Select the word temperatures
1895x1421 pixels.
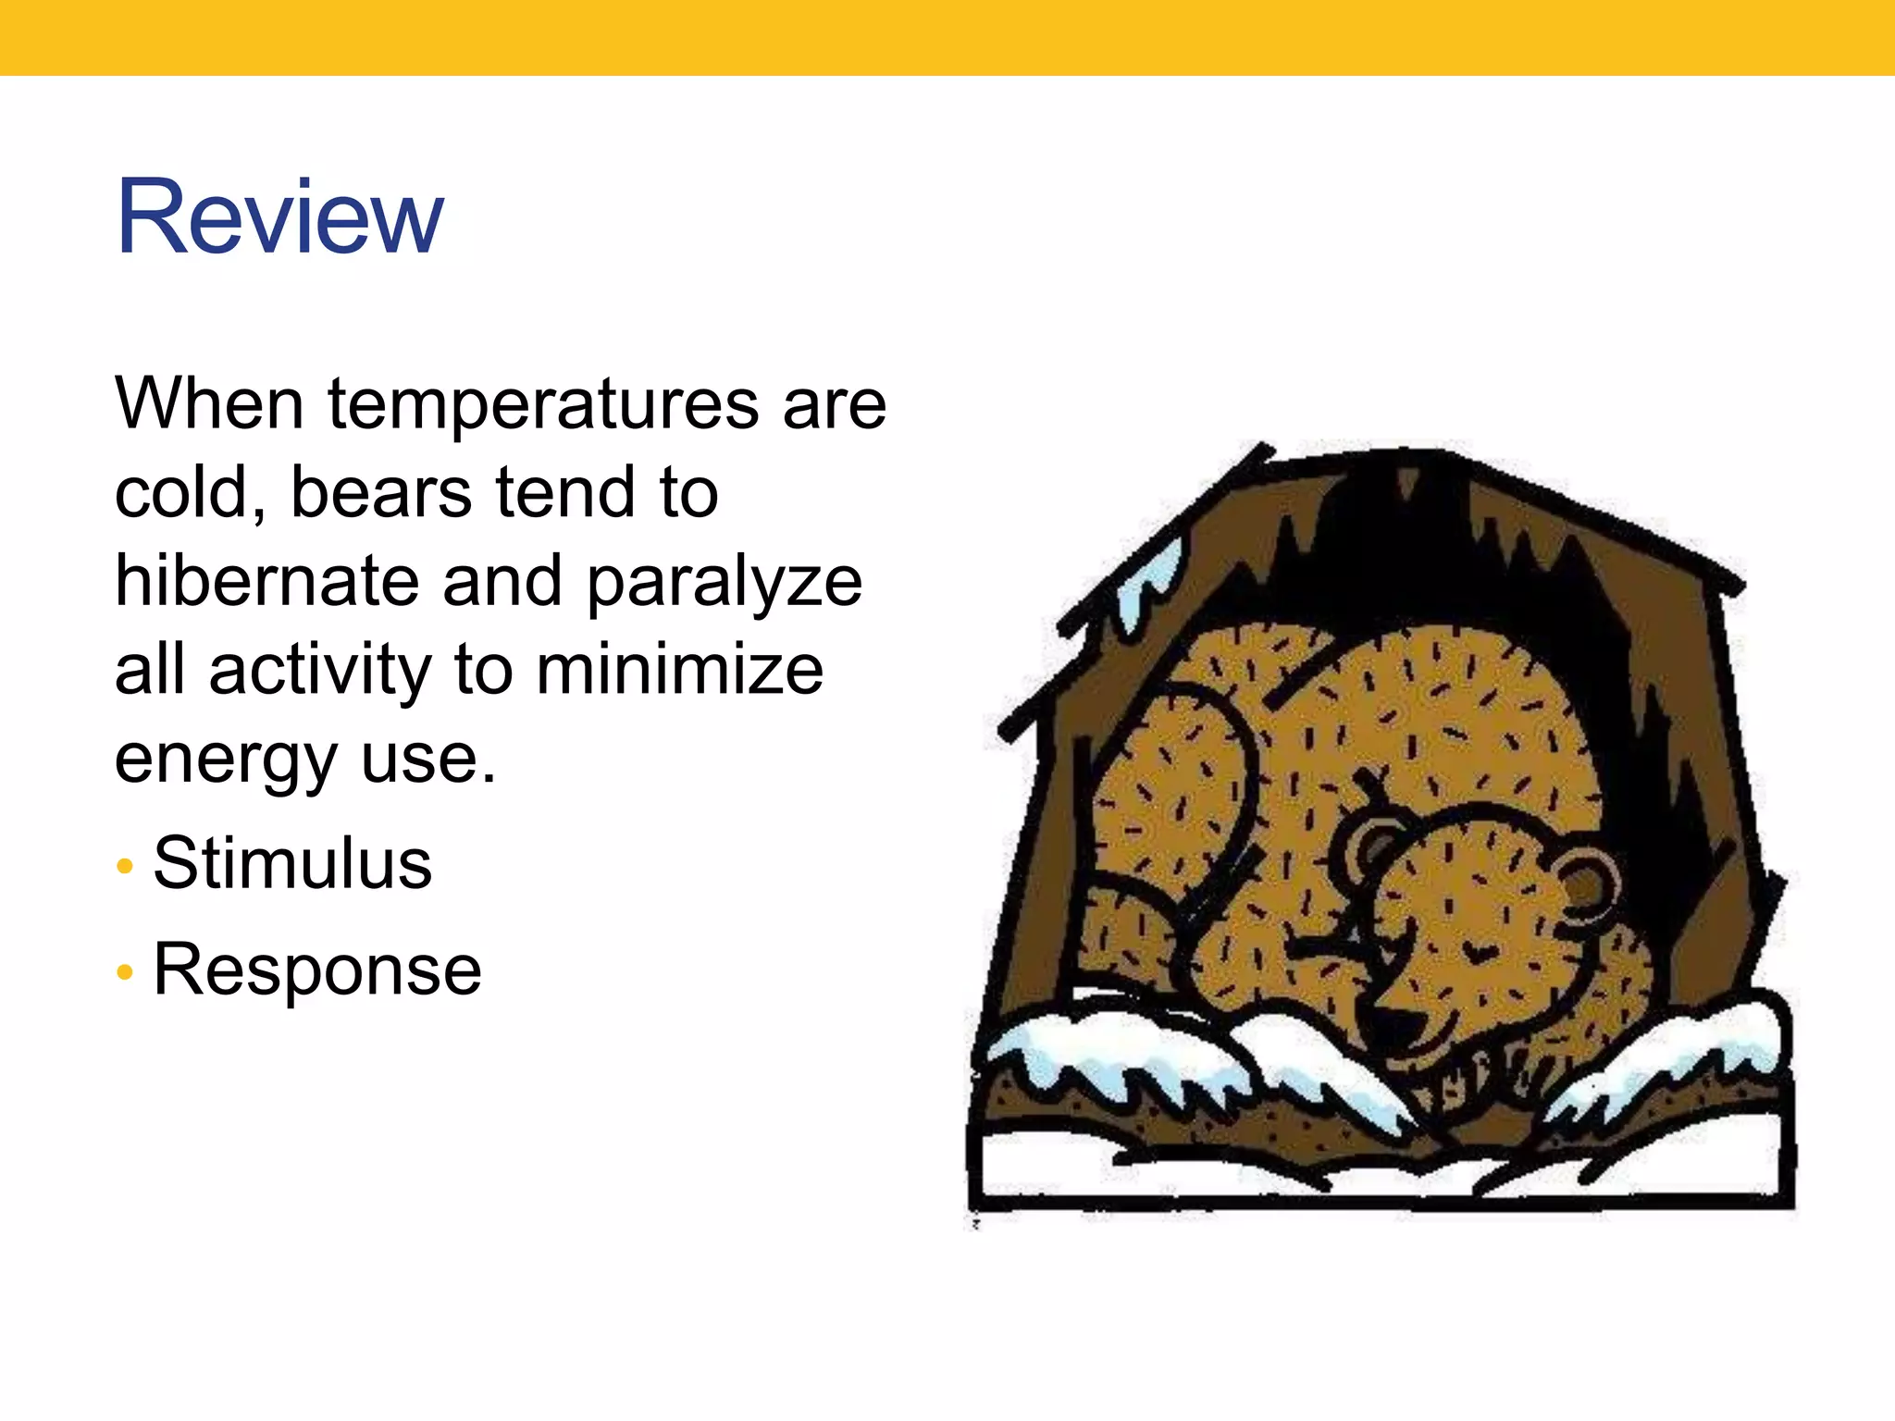(x=542, y=404)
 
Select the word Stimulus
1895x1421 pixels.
(x=292, y=863)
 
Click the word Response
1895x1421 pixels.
(x=317, y=970)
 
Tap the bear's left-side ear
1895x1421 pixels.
(x=1372, y=844)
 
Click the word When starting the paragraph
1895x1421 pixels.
(x=209, y=404)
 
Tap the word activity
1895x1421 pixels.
(x=320, y=670)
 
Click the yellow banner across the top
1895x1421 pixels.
(x=947, y=37)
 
